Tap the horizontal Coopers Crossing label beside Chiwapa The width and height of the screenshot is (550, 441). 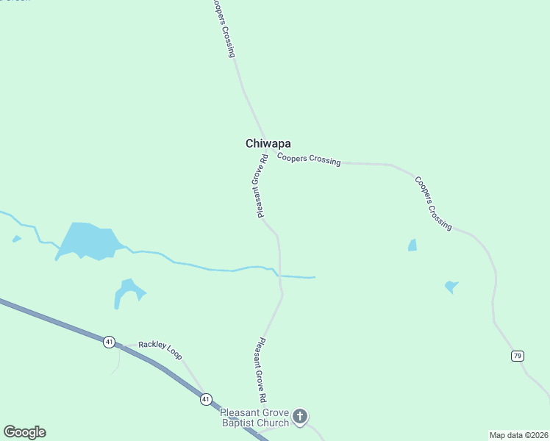point(309,159)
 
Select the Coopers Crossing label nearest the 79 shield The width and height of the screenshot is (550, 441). point(432,204)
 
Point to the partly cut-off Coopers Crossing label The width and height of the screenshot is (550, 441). point(223,28)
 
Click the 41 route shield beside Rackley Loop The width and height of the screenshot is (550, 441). point(110,341)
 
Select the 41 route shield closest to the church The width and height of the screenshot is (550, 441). point(206,398)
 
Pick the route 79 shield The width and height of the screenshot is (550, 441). point(518,356)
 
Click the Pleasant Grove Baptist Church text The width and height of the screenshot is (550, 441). point(255,418)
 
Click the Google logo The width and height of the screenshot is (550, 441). point(24,432)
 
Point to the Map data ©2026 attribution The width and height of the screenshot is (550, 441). point(518,435)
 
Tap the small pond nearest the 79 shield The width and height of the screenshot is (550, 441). point(451,287)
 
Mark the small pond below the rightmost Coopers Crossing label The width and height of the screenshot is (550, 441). point(413,245)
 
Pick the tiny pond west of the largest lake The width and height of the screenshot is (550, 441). point(16,239)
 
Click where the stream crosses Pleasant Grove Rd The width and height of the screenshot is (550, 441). point(279,276)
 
